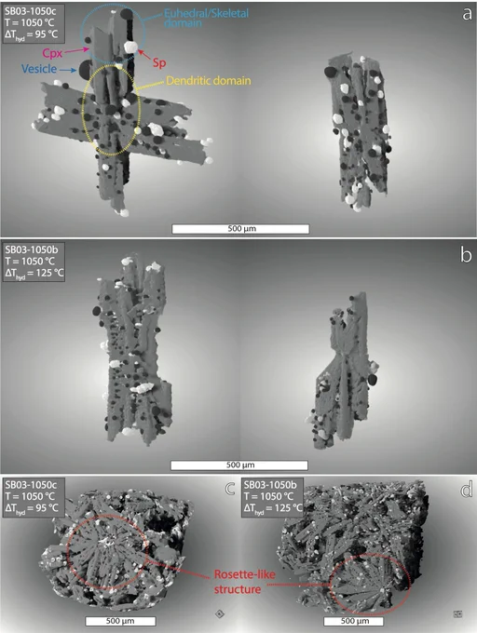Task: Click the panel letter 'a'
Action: coord(467,15)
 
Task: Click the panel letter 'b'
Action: coord(466,255)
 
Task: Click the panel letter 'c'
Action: coord(230,490)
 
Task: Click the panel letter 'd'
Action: coord(467,490)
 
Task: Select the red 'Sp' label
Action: coord(159,63)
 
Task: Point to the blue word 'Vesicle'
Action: coord(39,69)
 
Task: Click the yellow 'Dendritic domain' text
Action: coord(209,81)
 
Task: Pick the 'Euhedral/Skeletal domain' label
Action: coord(206,19)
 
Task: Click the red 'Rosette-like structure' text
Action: coord(244,582)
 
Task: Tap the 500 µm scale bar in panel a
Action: coord(240,229)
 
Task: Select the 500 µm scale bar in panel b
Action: coord(239,465)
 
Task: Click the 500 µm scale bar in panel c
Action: coord(120,621)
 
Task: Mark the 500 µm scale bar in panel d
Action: coord(353,621)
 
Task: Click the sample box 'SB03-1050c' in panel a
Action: coord(32,22)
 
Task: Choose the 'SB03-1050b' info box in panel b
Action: coord(34,262)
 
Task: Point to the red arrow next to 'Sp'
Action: coord(145,55)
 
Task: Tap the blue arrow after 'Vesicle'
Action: coord(68,70)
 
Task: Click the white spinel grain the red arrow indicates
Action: coord(130,47)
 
